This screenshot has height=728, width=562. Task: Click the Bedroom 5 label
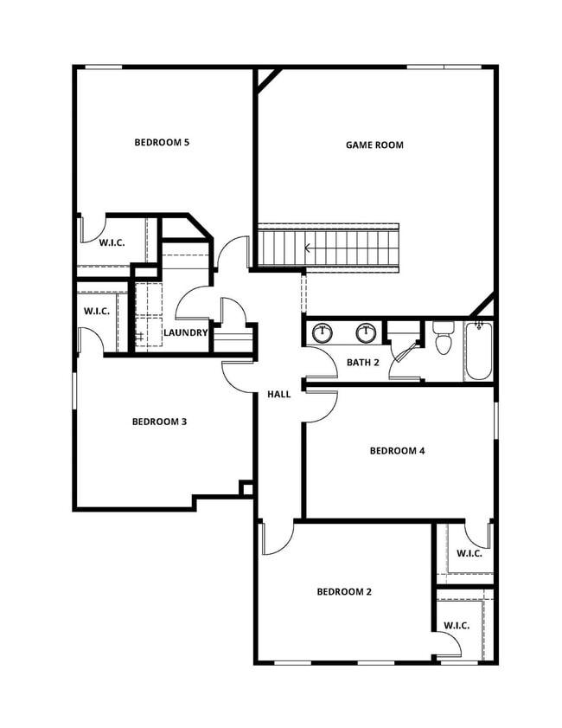(162, 142)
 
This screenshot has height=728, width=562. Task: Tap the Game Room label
(374, 145)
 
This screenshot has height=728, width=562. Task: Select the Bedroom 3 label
(159, 422)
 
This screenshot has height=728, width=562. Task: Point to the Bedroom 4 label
(397, 451)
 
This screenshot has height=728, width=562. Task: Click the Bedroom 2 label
(344, 592)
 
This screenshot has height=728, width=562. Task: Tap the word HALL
(279, 395)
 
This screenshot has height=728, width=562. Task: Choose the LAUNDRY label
(186, 332)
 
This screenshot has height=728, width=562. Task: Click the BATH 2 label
(363, 362)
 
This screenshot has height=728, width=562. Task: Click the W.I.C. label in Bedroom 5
(112, 243)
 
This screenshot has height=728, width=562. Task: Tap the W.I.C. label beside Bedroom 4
(469, 553)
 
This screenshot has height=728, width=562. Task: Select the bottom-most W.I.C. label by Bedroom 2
(457, 626)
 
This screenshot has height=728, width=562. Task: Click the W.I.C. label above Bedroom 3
(96, 312)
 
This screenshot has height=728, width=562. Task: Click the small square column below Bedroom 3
(246, 489)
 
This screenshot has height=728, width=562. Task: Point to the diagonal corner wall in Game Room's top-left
(267, 79)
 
